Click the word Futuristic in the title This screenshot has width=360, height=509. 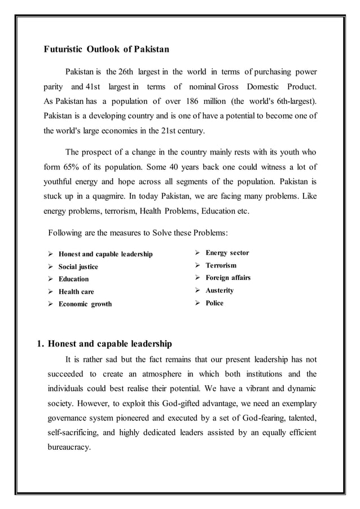point(63,49)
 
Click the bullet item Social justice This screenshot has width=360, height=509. point(78,267)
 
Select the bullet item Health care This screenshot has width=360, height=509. point(76,292)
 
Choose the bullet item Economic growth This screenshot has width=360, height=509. point(85,304)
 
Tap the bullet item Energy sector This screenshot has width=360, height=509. point(227,253)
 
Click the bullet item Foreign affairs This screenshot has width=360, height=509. point(228,278)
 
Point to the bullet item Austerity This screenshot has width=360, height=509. point(219,290)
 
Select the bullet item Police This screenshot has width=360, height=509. point(214,303)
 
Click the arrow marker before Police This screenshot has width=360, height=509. point(197,303)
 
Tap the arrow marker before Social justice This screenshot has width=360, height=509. point(51,267)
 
